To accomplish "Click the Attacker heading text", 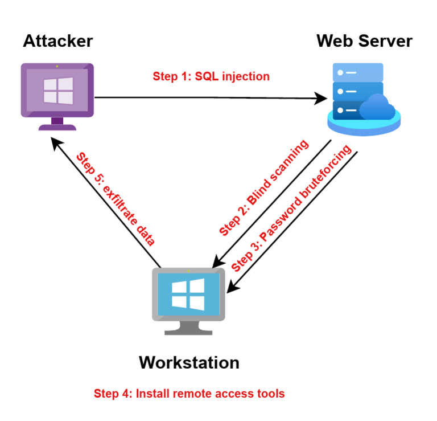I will point(57,41).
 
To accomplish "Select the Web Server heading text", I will point(364,41).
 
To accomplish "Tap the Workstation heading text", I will point(189,362).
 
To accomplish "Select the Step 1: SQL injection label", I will point(211,76).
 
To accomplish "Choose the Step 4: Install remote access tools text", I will point(189,393).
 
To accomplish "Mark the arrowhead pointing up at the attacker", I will point(55,144).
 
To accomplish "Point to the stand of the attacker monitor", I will point(57,124).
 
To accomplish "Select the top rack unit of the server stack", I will point(358,72).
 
